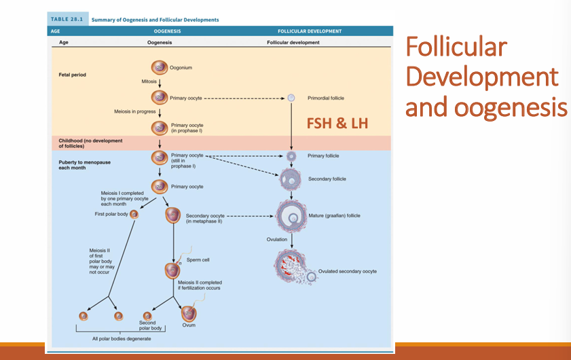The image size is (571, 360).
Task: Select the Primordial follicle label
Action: [325, 98]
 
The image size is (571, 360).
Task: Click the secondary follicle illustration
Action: [291, 179]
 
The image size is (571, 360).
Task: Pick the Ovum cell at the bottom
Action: [188, 314]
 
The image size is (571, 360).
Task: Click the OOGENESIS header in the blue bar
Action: [167, 31]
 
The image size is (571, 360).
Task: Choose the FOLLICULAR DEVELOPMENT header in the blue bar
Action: [309, 31]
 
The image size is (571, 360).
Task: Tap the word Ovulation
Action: [277, 239]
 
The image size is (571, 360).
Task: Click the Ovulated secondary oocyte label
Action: [347, 271]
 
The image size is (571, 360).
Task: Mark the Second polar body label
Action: [147, 325]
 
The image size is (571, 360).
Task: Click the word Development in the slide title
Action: [481, 77]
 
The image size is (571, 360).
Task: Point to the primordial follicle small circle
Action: [291, 98]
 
